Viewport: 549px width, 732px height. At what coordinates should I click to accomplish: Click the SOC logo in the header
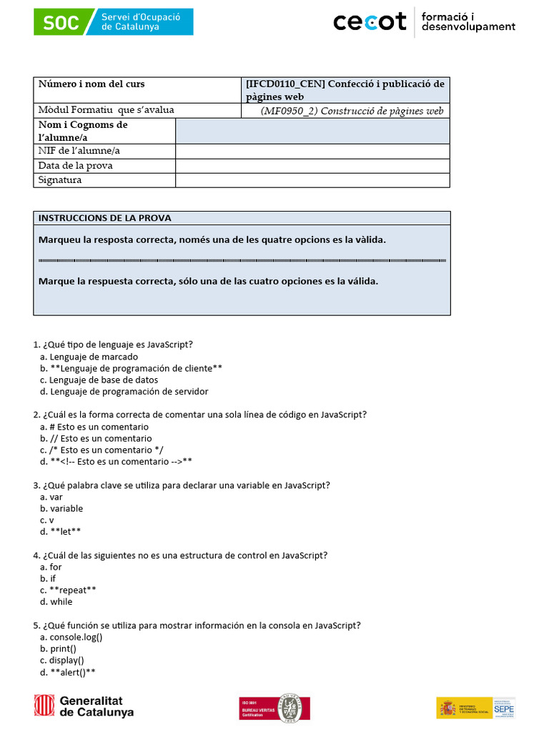[113, 21]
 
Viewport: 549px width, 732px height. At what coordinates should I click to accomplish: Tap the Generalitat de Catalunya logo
[84, 706]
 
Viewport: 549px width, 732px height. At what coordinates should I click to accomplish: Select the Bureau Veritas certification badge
[274, 708]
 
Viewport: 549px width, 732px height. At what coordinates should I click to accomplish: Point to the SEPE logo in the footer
[475, 707]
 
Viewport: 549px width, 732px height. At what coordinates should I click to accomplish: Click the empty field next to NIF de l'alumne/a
[312, 151]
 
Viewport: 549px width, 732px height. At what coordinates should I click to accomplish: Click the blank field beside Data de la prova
[312, 166]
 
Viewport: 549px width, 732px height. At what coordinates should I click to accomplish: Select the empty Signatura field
[312, 180]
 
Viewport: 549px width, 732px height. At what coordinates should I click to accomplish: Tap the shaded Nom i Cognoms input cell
[312, 131]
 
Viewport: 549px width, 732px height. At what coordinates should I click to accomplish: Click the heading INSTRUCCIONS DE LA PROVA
[104, 218]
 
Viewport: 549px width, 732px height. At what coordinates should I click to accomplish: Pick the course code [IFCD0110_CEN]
[285, 84]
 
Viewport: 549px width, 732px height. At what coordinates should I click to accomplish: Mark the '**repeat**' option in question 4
[73, 590]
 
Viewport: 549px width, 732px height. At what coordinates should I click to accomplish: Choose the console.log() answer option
[76, 637]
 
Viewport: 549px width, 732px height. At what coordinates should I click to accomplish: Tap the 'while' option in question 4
[61, 602]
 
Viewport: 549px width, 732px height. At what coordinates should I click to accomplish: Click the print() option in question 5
[63, 648]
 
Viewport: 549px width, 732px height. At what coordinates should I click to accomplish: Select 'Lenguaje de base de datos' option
[104, 380]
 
